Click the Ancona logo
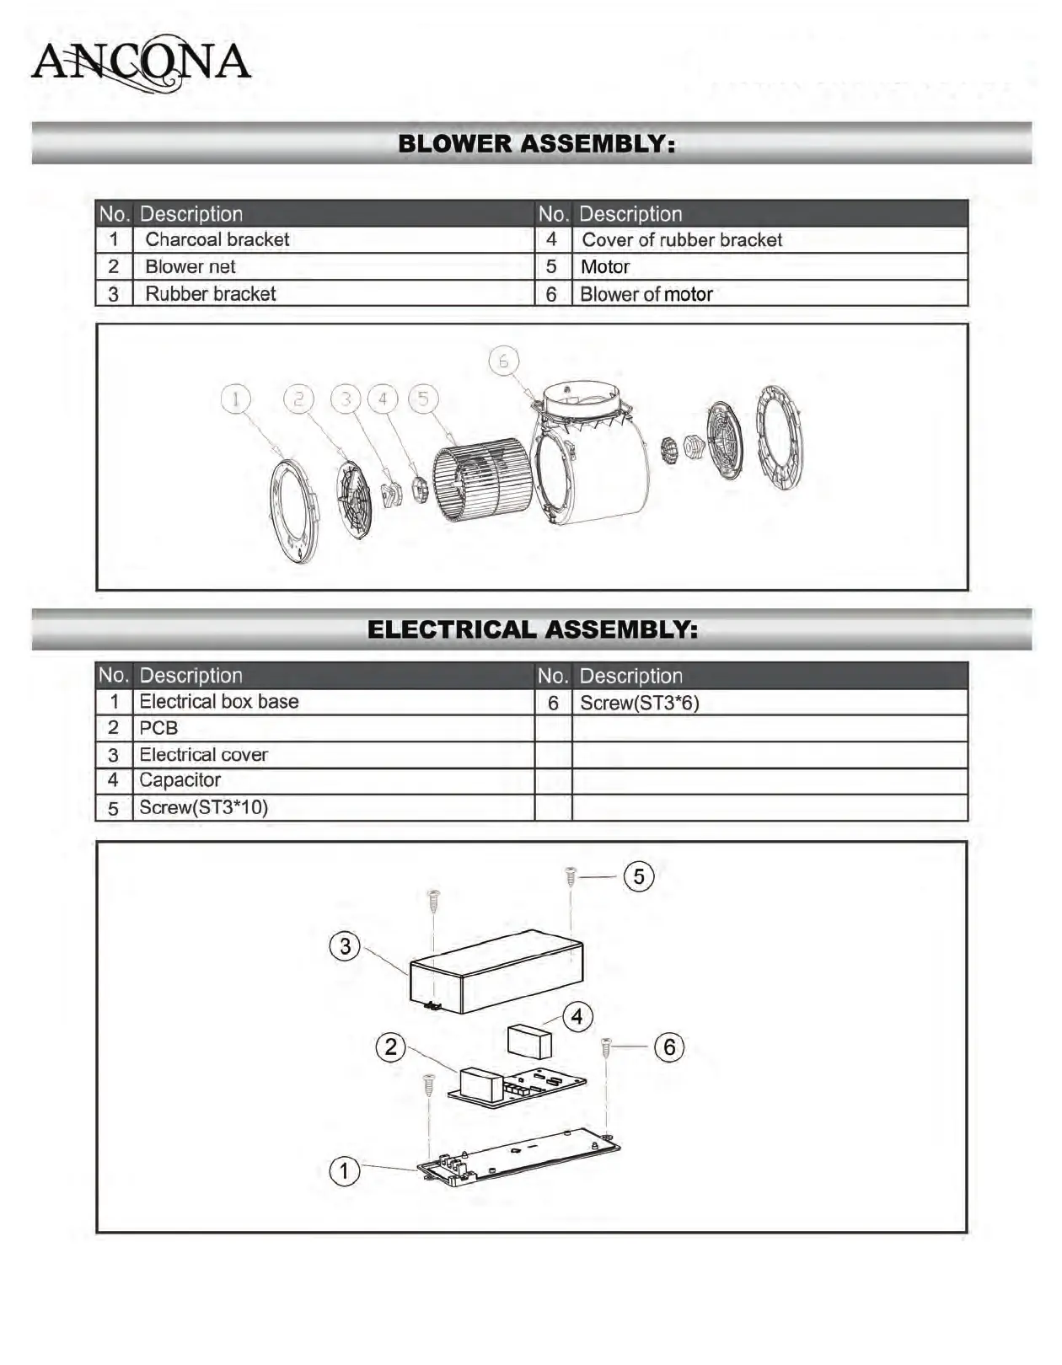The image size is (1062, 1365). pos(141,62)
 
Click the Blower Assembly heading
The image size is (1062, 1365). pos(536,144)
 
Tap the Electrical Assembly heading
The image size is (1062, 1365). pos(532,629)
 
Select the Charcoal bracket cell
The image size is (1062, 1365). pos(217,240)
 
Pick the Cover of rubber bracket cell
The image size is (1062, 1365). pos(682,240)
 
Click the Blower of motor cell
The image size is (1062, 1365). pos(646,294)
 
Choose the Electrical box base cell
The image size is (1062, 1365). pos(219,702)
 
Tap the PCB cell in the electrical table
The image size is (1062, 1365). pos(158,728)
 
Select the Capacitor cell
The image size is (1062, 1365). pos(180,780)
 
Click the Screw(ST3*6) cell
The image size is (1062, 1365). pos(640,703)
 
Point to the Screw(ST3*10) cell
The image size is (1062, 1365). pos(204,807)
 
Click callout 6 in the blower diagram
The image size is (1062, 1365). pos(503,361)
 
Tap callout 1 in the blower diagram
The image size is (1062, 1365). pos(236,399)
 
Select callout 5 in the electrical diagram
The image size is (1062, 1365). pos(639,876)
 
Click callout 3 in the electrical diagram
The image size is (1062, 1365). pos(345,946)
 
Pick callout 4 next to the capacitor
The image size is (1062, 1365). pos(577,1017)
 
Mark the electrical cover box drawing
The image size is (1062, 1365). pos(496,972)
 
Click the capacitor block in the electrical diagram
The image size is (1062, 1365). pos(529,1041)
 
